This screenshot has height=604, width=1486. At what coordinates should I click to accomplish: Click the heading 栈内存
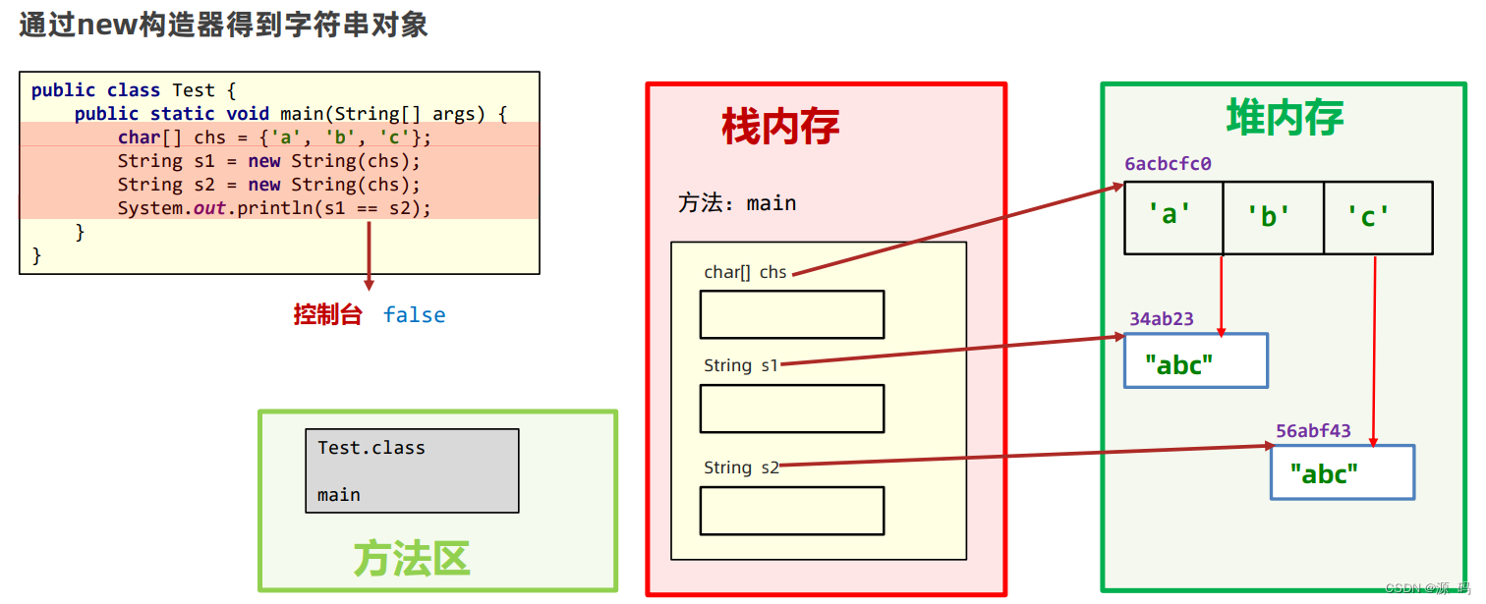pyautogui.click(x=780, y=128)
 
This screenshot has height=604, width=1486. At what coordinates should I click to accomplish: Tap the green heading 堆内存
pyautogui.click(x=1285, y=118)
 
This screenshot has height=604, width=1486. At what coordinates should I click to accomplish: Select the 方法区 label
pyautogui.click(x=412, y=559)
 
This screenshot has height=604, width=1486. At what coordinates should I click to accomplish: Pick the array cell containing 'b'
pyautogui.click(x=1273, y=217)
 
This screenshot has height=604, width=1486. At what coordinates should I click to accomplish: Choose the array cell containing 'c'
pyautogui.click(x=1376, y=217)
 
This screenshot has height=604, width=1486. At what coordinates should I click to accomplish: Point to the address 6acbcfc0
pyautogui.click(x=1168, y=164)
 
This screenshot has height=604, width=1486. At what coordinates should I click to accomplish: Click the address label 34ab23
pyautogui.click(x=1161, y=319)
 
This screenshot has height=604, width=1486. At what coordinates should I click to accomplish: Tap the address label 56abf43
pyautogui.click(x=1313, y=431)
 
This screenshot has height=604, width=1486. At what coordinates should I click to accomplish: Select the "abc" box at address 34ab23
pyautogui.click(x=1195, y=361)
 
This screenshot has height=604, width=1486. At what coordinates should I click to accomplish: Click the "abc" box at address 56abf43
pyautogui.click(x=1342, y=472)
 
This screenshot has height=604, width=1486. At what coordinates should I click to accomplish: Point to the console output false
pyautogui.click(x=414, y=315)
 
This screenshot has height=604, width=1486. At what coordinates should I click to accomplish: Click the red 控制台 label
pyautogui.click(x=328, y=315)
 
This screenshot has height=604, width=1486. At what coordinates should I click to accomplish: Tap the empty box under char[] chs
pyautogui.click(x=791, y=314)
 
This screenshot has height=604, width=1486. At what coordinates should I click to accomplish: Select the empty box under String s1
pyautogui.click(x=791, y=409)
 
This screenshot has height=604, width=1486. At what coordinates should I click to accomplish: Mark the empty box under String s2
pyautogui.click(x=791, y=511)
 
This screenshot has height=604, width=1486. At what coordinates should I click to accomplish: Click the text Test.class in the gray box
pyautogui.click(x=371, y=448)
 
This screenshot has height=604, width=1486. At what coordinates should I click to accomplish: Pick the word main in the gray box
pyautogui.click(x=339, y=495)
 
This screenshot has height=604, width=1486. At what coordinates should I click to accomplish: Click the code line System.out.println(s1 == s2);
pyautogui.click(x=274, y=208)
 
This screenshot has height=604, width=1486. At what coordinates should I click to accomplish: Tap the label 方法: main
pyautogui.click(x=737, y=203)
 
